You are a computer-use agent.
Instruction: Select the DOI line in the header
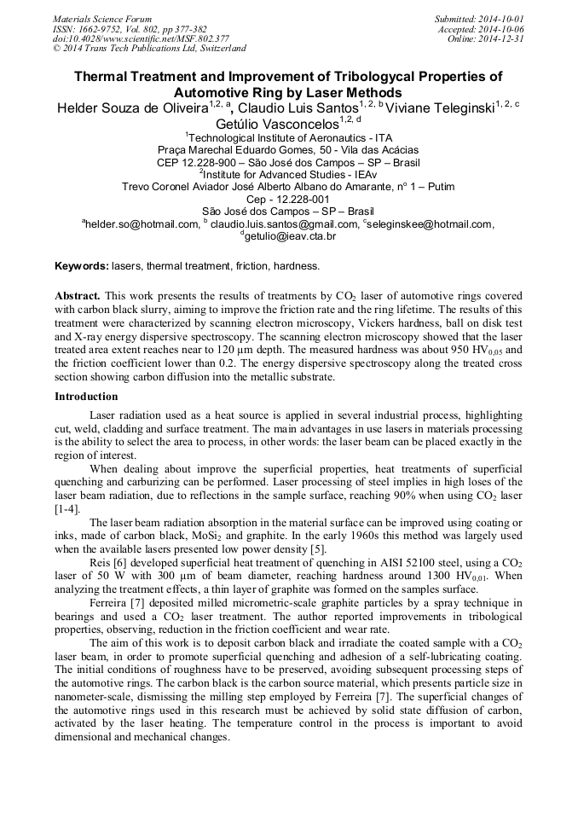(141, 39)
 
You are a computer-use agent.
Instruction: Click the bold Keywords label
(82, 266)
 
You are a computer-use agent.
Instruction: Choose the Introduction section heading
(87, 397)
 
